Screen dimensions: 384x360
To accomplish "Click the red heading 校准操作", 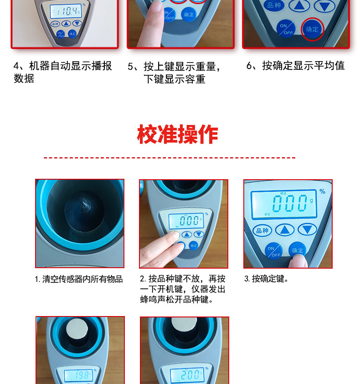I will coord(178,135).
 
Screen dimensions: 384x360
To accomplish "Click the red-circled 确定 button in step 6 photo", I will coord(313,29).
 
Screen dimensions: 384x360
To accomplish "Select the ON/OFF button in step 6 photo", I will coord(286,29).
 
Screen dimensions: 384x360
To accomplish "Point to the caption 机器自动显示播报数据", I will coord(62,72).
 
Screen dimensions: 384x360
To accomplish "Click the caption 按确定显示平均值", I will coord(295,66).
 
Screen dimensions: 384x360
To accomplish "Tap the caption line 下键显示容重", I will coord(175,79).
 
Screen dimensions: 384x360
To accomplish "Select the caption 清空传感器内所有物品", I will coord(79,279).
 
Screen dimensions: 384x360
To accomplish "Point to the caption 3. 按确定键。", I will coord(267,279).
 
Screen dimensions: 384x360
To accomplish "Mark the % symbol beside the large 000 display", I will coord(322,192).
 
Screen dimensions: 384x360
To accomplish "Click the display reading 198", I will coord(78,376).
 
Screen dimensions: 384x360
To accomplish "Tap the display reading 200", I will coord(185,376).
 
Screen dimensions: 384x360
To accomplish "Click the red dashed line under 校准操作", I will coord(170,158).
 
